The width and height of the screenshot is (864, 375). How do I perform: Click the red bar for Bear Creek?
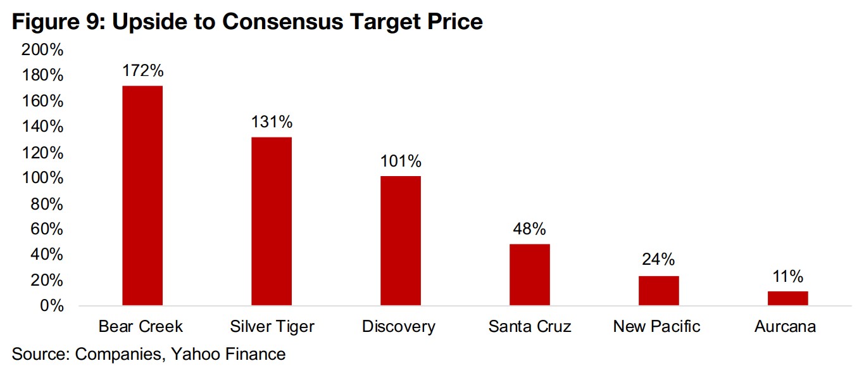pos(142,196)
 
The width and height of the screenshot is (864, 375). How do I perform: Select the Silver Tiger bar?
pos(272,221)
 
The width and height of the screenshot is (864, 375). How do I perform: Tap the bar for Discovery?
pos(401,241)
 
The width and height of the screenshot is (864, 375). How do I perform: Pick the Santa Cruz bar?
pos(530,275)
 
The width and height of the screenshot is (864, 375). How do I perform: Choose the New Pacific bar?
pos(659,291)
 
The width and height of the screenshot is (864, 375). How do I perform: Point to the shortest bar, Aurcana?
pos(788,298)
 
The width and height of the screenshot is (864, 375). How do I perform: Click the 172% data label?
pos(143,70)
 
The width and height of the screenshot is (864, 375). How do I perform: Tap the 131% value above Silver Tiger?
pos(272,122)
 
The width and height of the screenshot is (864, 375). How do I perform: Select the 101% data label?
pos(401,161)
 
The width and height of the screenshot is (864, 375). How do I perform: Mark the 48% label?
pos(530,229)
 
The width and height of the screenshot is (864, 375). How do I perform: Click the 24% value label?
pos(659,260)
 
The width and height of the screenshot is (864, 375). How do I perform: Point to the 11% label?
pos(788,276)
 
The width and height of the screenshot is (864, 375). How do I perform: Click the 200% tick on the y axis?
pos(42,50)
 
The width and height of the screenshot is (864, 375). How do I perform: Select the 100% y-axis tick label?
pos(42,178)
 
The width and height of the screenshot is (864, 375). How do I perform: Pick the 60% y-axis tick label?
pos(46,229)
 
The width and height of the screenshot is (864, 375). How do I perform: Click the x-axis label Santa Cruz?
pos(530,327)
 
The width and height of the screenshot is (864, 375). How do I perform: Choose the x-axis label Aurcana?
pos(786,327)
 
